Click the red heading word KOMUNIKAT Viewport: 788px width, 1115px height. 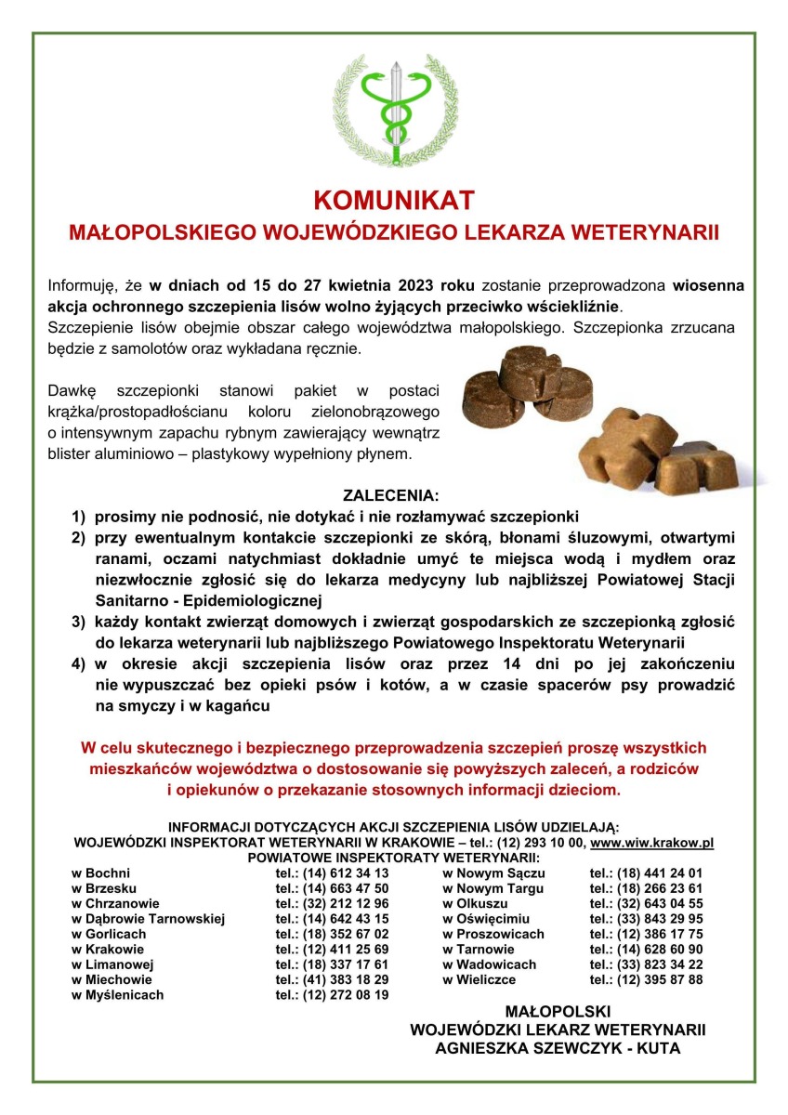(394, 201)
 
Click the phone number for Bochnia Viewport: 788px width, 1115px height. (332, 873)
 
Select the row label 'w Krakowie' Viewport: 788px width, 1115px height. (108, 949)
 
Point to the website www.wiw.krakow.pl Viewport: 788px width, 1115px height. (651, 843)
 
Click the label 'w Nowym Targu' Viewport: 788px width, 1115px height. (493, 888)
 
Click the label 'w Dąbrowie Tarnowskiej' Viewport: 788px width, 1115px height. (149, 919)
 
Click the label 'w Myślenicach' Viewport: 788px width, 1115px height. (117, 994)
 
